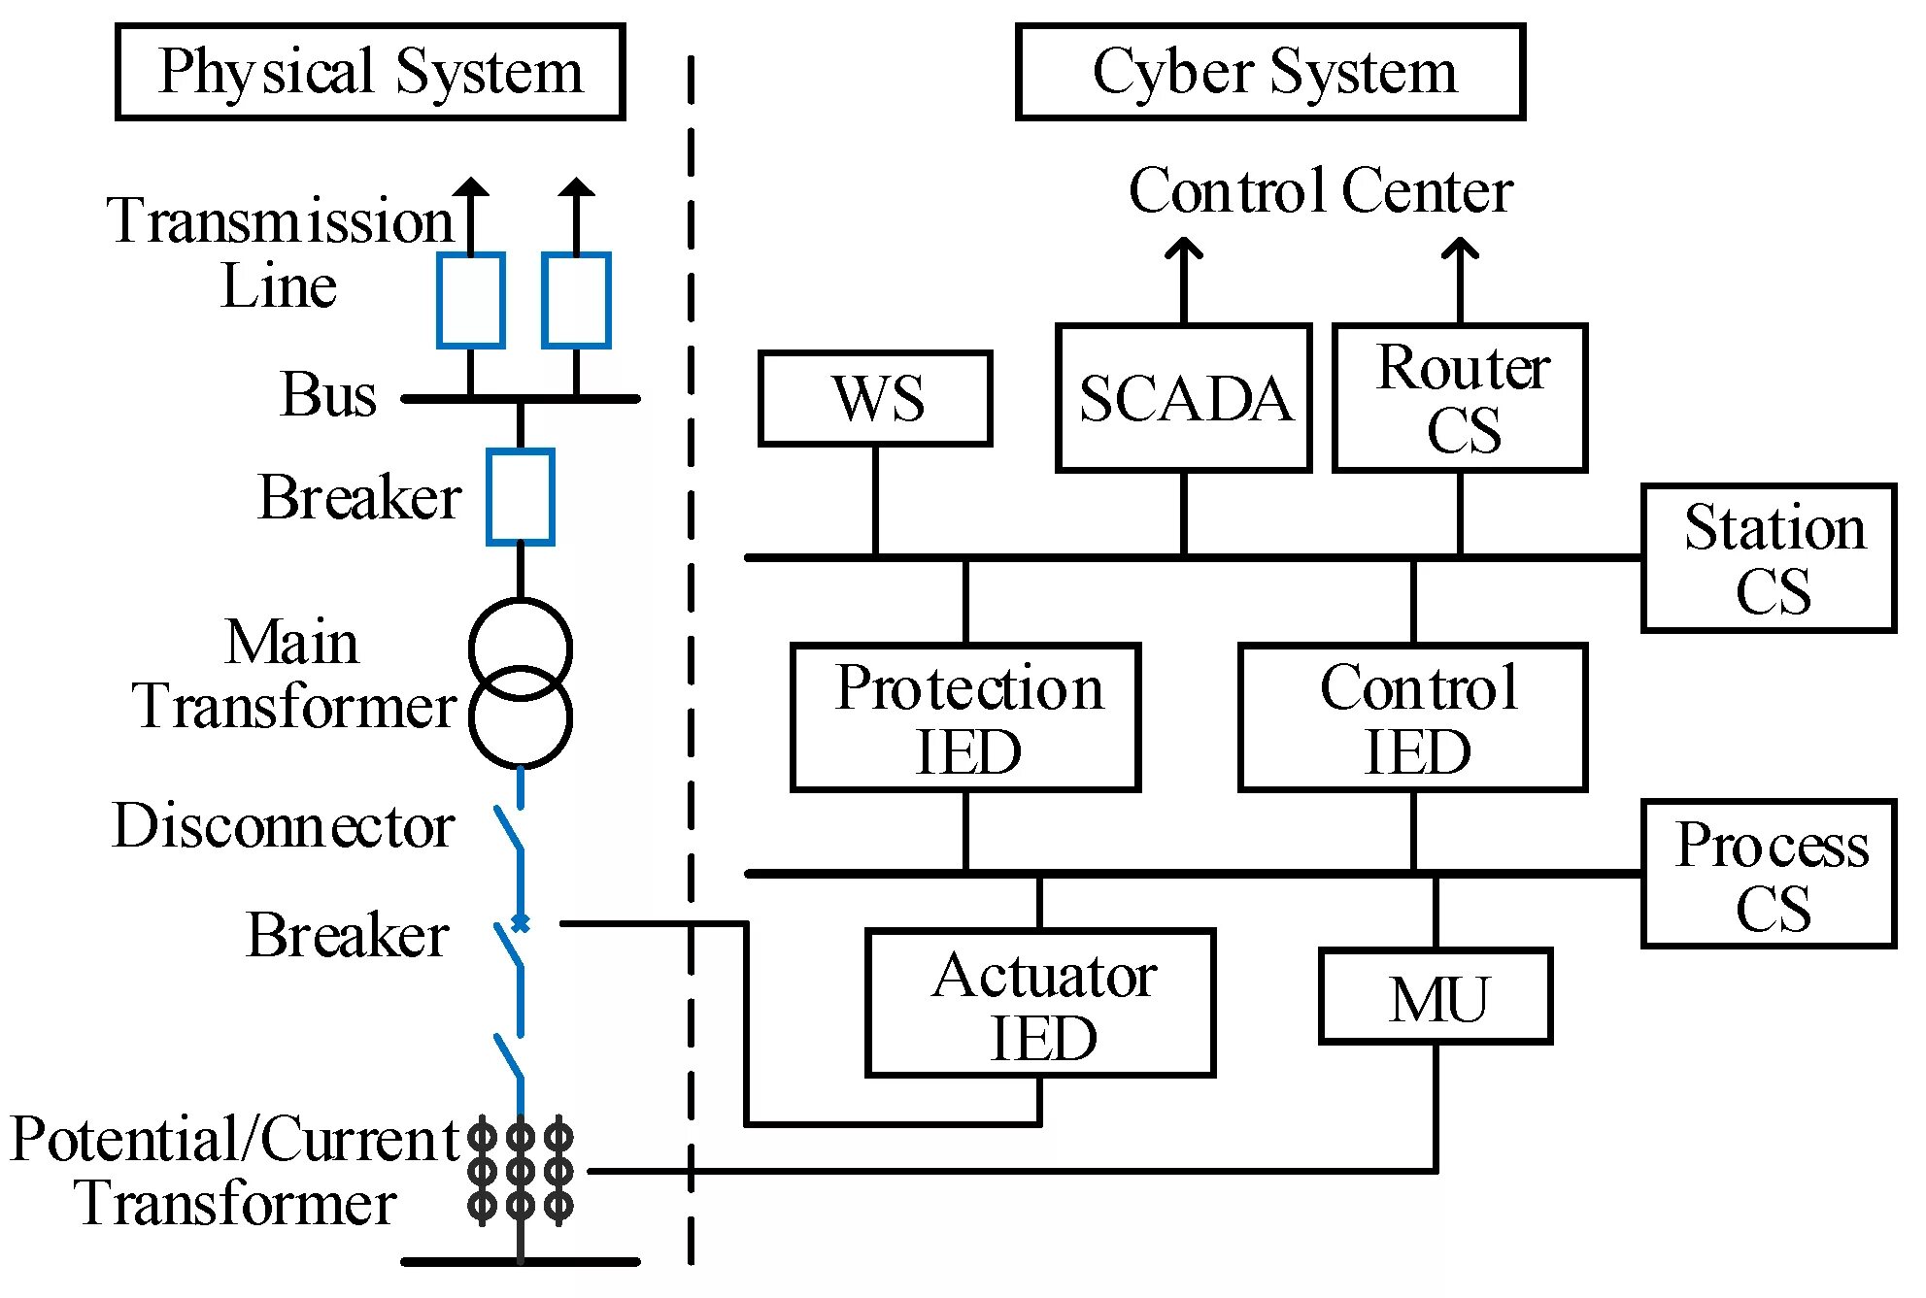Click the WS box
click(875, 398)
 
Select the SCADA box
click(1183, 398)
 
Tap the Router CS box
click(1460, 398)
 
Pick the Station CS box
click(1769, 558)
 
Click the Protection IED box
click(965, 717)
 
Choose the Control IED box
click(1413, 717)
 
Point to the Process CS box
click(1769, 874)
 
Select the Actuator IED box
click(1040, 1003)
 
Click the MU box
click(1436, 996)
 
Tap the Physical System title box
click(370, 73)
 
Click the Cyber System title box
click(1270, 73)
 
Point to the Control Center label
click(1320, 190)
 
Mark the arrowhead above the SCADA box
click(1184, 249)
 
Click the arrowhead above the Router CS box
click(1460, 249)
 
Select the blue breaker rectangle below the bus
click(521, 496)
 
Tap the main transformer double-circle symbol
click(521, 683)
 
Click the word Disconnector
click(283, 826)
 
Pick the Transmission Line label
click(280, 252)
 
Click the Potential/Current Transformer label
click(233, 1171)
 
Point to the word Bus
click(328, 395)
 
